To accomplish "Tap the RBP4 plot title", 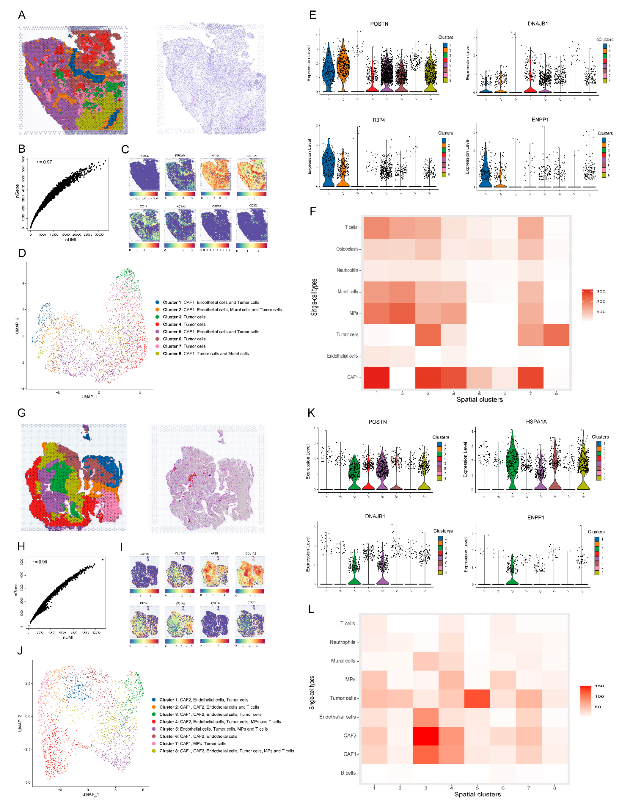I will [x=379, y=120].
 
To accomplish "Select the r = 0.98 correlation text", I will [x=40, y=562].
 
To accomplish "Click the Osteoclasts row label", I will [x=347, y=249].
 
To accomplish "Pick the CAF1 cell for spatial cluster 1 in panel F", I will [x=377, y=377].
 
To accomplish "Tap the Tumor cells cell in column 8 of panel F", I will [x=556, y=335].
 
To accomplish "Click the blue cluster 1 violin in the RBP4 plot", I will [x=329, y=167].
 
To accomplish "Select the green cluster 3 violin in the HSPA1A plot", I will [x=512, y=461].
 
